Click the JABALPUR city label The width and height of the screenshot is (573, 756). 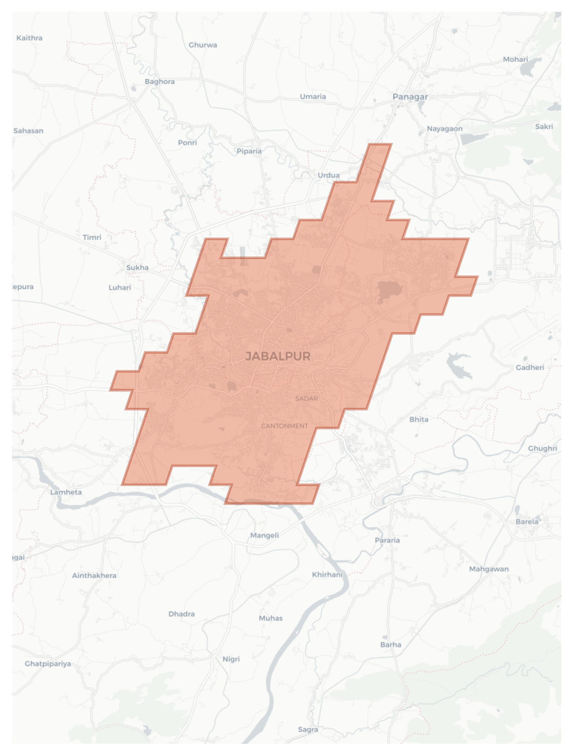click(278, 356)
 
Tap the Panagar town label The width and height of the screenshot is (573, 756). click(410, 97)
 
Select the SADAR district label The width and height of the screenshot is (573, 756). click(307, 399)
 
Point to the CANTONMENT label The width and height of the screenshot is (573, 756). click(285, 426)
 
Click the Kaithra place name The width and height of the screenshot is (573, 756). click(29, 38)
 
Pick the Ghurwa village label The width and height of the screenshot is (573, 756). click(203, 45)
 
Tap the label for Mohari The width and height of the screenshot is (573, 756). click(515, 59)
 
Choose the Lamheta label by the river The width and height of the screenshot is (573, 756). click(66, 492)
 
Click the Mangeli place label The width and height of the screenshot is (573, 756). click(264, 535)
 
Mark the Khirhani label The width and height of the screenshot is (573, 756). click(327, 575)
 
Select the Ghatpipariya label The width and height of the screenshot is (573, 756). click(48, 664)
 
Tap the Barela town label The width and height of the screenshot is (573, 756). click(527, 521)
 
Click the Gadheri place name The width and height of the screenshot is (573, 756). click(529, 367)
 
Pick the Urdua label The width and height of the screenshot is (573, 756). click(328, 175)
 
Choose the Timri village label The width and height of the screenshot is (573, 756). click(92, 237)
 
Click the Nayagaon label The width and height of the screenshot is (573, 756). click(444, 129)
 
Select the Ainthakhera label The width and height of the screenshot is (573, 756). click(94, 575)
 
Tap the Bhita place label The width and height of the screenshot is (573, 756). click(418, 419)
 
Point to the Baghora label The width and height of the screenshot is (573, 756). click(159, 81)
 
